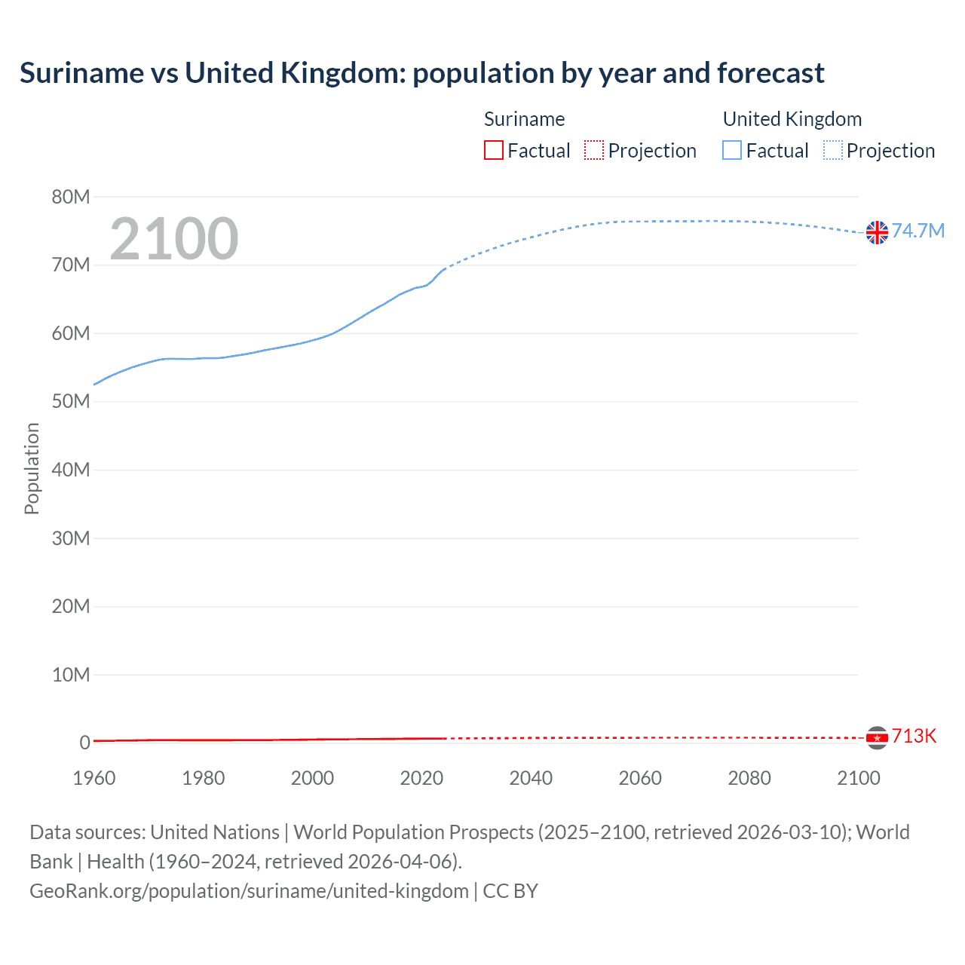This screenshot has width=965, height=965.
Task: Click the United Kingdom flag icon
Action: pyautogui.click(x=877, y=232)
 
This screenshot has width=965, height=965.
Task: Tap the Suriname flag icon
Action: pyautogui.click(x=877, y=737)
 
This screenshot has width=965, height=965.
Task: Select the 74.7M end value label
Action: pyautogui.click(x=918, y=231)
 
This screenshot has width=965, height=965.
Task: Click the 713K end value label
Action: pyautogui.click(x=914, y=737)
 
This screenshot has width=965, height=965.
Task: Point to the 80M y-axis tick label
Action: pyautogui.click(x=71, y=197)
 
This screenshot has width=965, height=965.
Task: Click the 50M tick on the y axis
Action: pyautogui.click(x=71, y=402)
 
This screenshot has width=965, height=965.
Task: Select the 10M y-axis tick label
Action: pyautogui.click(x=71, y=675)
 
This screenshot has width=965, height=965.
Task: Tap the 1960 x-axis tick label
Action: pyautogui.click(x=94, y=778)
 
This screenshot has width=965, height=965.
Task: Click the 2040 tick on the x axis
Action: pyautogui.click(x=531, y=778)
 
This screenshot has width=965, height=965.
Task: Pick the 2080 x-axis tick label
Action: pyautogui.click(x=749, y=778)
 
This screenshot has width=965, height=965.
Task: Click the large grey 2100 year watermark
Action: pyautogui.click(x=174, y=239)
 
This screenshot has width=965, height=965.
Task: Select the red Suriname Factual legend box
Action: pyautogui.click(x=494, y=150)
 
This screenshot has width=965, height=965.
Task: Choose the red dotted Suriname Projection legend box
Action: pyautogui.click(x=594, y=150)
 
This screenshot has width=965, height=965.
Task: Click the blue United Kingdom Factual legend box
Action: pyautogui.click(x=732, y=150)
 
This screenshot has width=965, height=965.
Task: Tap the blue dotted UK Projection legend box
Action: pyautogui.click(x=833, y=150)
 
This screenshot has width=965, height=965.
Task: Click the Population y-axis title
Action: pyautogui.click(x=32, y=468)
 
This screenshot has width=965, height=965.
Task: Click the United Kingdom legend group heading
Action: pyautogui.click(x=792, y=119)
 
